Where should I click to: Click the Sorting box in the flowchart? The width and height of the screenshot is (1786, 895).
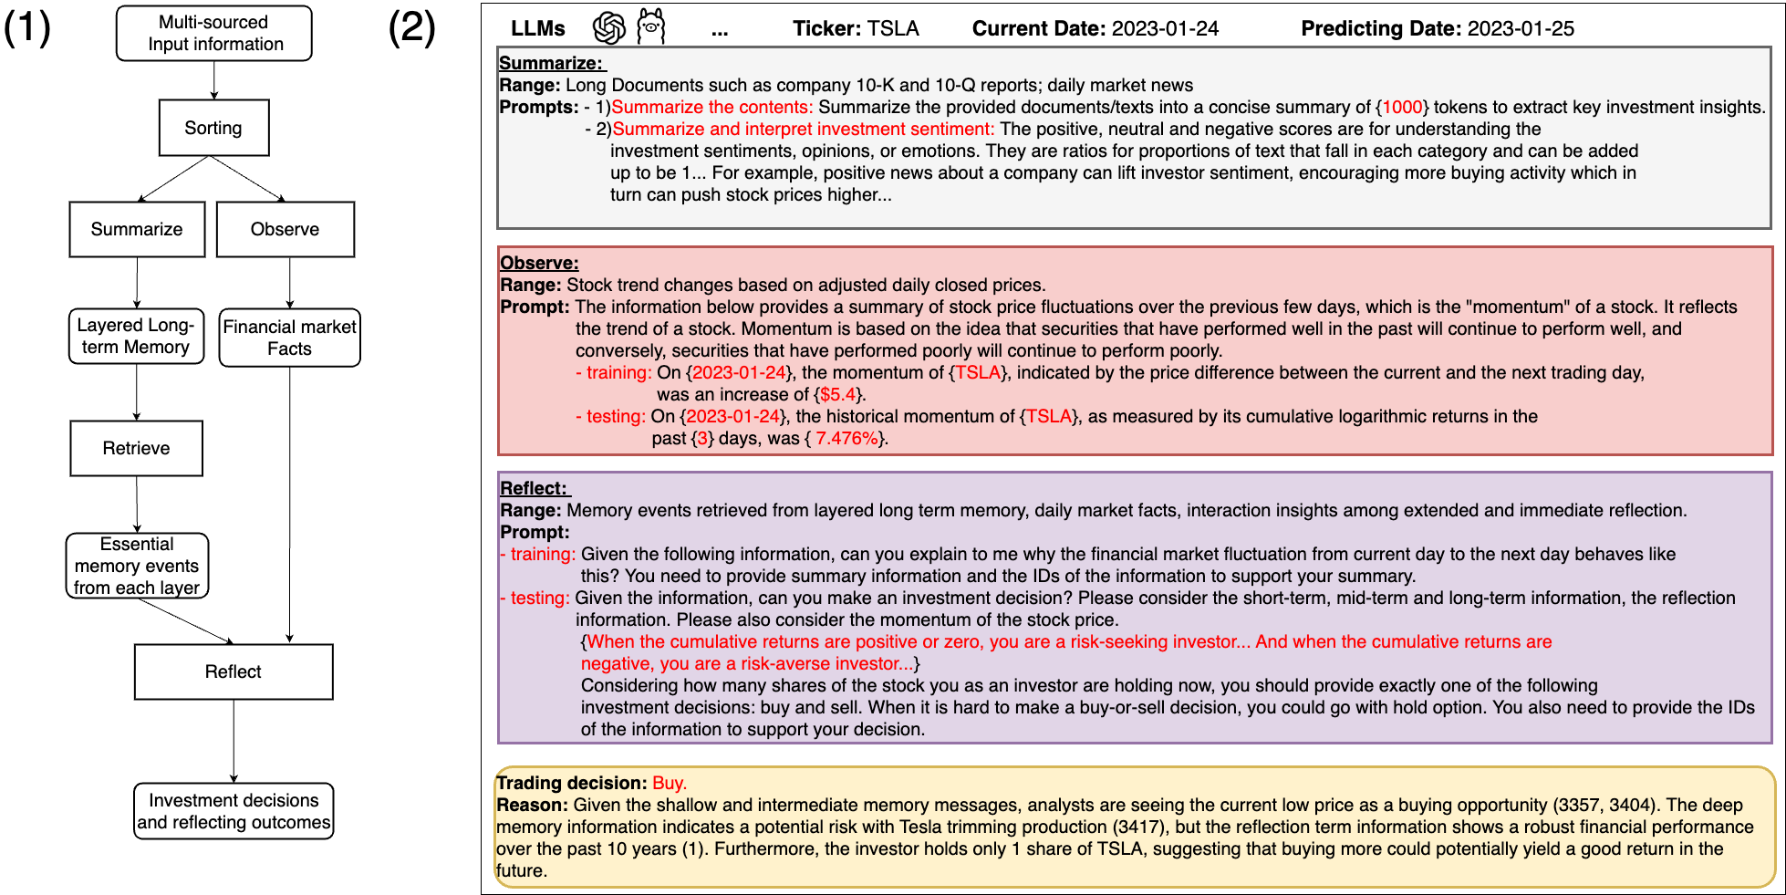(213, 128)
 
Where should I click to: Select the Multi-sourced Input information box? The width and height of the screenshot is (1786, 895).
(214, 34)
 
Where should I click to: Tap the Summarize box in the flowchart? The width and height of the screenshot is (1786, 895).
(137, 229)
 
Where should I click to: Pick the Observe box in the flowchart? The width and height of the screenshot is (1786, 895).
(286, 229)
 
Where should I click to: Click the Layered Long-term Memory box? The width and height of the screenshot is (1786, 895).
(136, 336)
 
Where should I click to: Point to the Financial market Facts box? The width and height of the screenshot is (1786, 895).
(290, 338)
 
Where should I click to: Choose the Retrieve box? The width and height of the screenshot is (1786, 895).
(137, 448)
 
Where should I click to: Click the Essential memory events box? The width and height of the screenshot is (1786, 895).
(137, 566)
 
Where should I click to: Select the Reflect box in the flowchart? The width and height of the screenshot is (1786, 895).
(234, 671)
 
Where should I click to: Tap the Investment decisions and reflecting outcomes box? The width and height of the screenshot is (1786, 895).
(234, 811)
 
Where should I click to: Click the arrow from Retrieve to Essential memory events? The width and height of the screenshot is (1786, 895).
(137, 504)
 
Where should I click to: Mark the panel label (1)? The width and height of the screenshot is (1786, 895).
(27, 27)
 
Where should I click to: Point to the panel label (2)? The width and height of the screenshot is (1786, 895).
(412, 27)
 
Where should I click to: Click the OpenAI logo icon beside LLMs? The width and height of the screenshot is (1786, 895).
(609, 28)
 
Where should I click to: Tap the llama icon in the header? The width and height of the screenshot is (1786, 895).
(650, 26)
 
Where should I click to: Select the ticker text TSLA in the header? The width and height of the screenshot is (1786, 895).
(893, 28)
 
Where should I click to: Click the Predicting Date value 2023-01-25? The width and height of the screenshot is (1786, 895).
(1521, 28)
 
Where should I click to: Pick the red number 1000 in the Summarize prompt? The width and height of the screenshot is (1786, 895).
(1402, 107)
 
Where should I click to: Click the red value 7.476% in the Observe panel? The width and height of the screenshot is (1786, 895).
(847, 438)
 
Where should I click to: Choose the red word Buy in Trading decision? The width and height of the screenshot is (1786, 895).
(668, 783)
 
